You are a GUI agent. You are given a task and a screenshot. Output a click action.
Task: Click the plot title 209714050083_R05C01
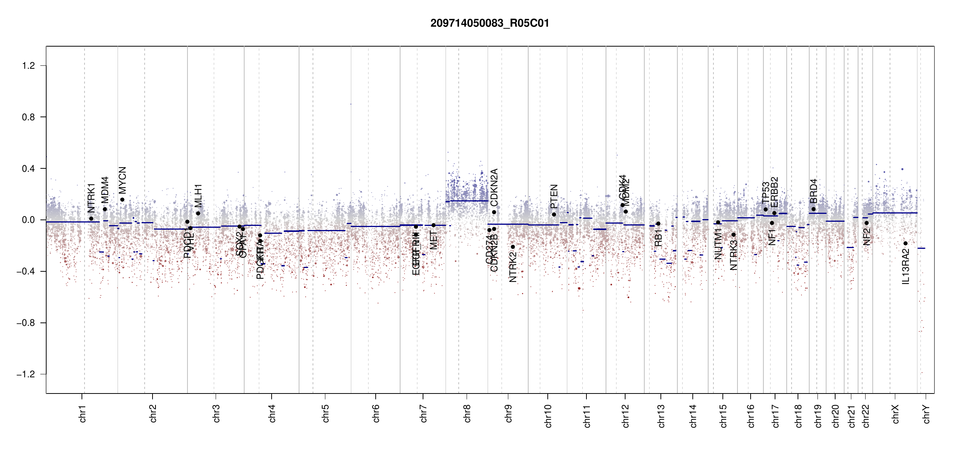pos(490,23)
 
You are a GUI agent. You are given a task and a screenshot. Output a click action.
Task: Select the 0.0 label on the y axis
pos(29,220)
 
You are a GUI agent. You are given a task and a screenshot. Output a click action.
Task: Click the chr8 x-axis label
pos(467,413)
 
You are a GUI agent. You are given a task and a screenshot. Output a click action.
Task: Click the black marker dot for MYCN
pos(122,200)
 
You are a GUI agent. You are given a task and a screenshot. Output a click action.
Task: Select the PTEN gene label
pos(554,196)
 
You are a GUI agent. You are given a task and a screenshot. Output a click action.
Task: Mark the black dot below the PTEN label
pos(554,214)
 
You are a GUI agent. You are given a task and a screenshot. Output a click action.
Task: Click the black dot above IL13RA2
pos(905,243)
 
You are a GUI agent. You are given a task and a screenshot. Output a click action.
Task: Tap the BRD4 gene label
pos(813,191)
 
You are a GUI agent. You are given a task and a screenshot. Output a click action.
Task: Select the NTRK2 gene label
pos(513,267)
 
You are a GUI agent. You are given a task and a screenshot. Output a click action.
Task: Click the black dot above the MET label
pos(433,225)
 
